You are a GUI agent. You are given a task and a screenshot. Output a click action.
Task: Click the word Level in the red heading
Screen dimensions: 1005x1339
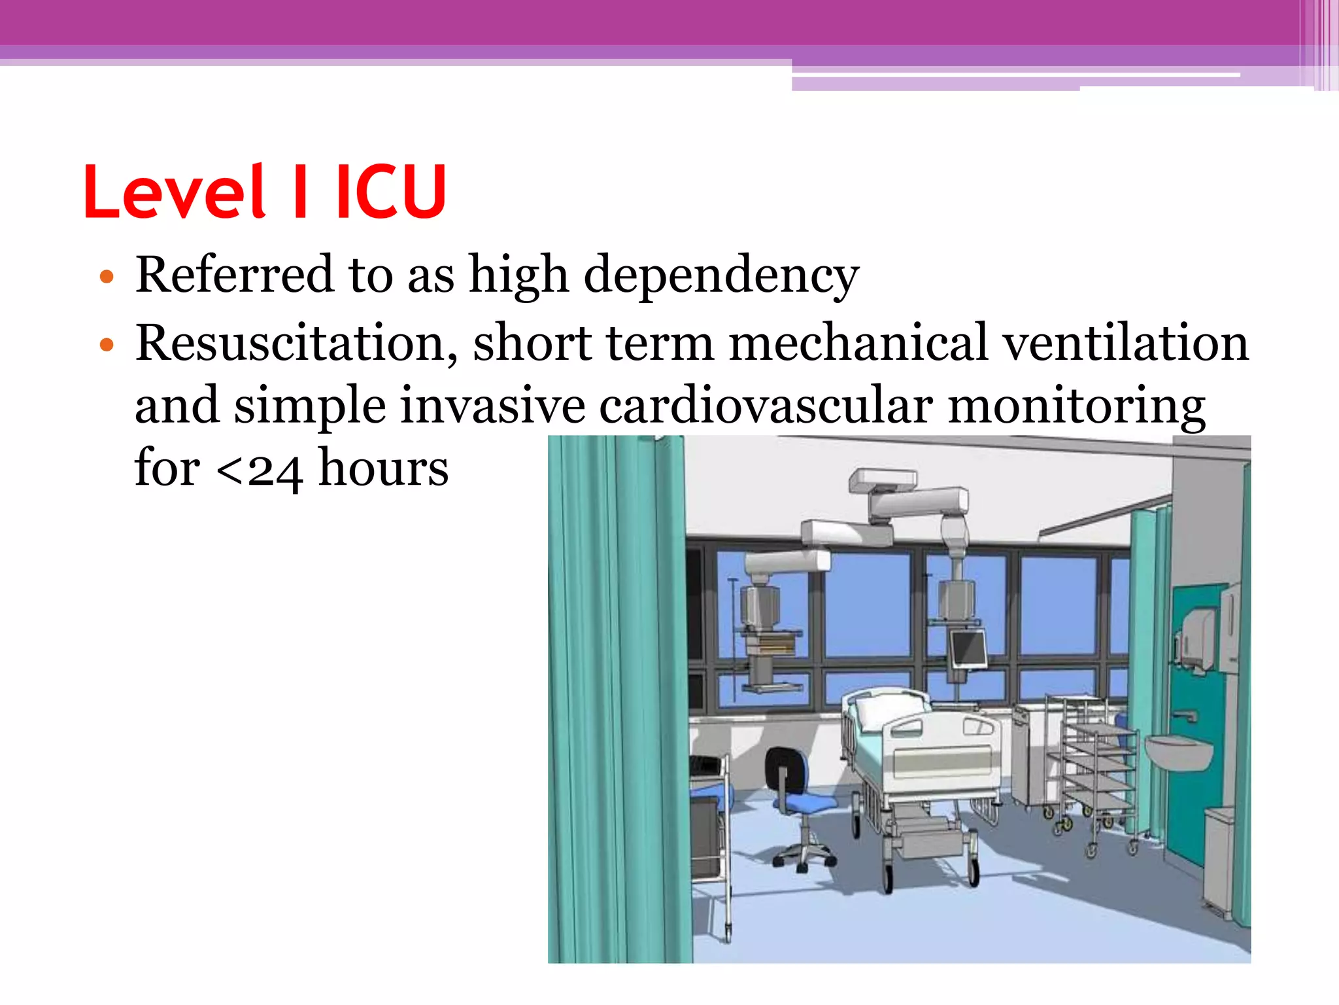173,192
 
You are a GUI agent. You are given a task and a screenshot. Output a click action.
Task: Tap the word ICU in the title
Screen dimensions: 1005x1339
391,192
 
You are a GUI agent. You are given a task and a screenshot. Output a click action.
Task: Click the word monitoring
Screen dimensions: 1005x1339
1076,406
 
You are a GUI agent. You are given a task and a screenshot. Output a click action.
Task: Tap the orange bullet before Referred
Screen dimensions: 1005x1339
107,277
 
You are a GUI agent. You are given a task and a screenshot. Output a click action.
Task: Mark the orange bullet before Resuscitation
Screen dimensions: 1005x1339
107,345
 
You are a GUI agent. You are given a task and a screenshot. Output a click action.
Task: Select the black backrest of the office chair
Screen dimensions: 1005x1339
782,769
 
